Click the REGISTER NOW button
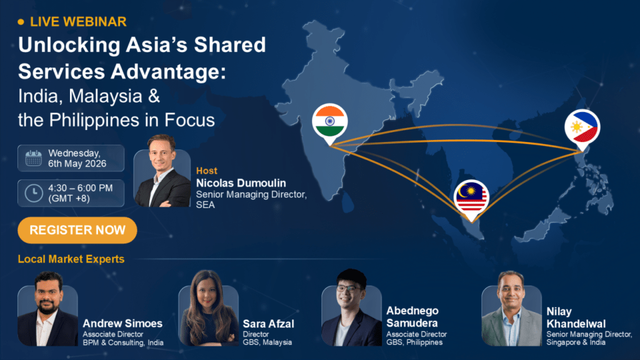pos(77,230)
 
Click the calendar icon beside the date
pos(34,158)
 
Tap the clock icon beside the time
pos(34,193)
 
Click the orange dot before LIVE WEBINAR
pos(21,22)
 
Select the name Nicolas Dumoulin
pos(241,183)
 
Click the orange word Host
pos(206,171)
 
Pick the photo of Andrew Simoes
pos(47,309)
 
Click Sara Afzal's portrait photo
pos(209,308)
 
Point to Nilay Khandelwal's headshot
pos(511,309)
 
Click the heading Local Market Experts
pos(71,259)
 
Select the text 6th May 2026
pos(77,164)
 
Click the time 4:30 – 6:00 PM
pos(81,188)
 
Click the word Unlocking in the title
pos(69,45)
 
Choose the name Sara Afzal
pos(268,324)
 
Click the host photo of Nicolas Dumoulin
pos(162,171)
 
